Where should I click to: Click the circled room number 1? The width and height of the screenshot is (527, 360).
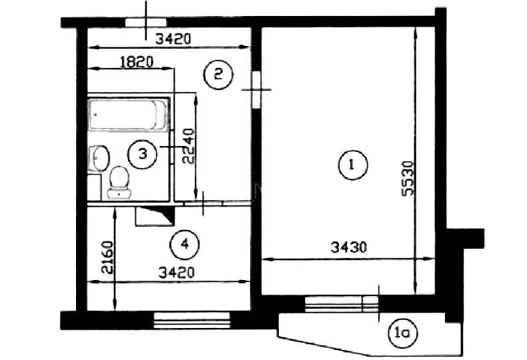tap(353, 165)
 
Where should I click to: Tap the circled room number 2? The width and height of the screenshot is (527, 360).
tap(218, 74)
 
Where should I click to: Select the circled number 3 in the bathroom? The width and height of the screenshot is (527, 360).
tap(143, 154)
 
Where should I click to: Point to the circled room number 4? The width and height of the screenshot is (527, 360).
tap(185, 245)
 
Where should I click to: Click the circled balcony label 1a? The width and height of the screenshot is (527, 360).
tap(403, 333)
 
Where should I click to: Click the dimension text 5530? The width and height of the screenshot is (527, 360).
tap(408, 178)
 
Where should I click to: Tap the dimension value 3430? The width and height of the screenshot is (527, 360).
tap(348, 248)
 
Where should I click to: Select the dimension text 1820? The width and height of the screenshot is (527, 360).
tap(137, 62)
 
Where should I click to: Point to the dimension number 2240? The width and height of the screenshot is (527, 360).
tap(188, 146)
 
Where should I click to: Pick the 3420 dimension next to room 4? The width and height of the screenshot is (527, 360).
tap(177, 273)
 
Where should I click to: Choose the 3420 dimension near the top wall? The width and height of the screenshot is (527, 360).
tap(173, 39)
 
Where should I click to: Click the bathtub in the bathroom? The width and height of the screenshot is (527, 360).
tap(127, 114)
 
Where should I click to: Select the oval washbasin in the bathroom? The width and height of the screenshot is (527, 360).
tap(99, 158)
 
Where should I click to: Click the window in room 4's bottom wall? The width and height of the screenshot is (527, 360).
tap(192, 321)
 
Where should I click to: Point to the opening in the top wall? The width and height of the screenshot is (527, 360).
tap(145, 22)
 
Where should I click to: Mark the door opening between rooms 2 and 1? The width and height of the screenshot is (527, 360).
tap(256, 89)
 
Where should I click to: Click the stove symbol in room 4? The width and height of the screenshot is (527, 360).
tap(155, 216)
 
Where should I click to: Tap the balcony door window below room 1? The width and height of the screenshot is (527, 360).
tap(342, 304)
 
